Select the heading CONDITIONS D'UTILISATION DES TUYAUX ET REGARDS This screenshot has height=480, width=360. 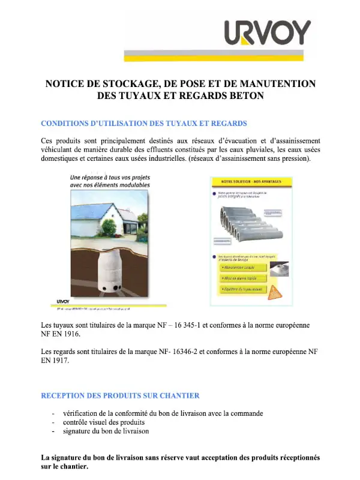point(143,124)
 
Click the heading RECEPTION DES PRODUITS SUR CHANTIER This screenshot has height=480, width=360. point(120,396)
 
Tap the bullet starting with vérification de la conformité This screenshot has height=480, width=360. point(163,413)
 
